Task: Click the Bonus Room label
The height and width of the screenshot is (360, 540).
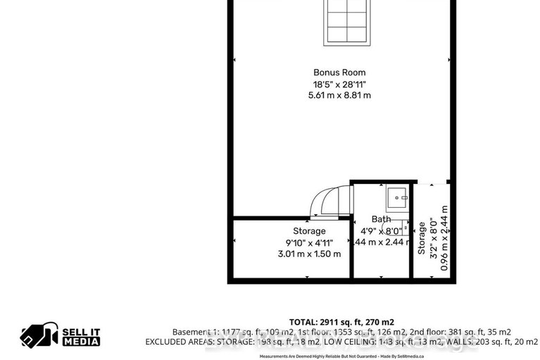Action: point(339,73)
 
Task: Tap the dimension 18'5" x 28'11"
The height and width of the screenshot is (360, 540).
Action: point(339,84)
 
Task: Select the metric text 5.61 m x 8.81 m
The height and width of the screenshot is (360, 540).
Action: point(339,95)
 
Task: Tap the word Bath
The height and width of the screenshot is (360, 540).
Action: point(381,219)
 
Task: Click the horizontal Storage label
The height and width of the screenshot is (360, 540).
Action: point(309,231)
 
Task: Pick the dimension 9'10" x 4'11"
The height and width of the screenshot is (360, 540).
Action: point(309,242)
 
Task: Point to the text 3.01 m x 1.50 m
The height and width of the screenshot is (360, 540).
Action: point(309,254)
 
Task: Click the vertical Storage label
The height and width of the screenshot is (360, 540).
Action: point(422,238)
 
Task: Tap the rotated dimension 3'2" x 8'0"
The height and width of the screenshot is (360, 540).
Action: point(433,238)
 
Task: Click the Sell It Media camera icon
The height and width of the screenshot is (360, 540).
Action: point(38,335)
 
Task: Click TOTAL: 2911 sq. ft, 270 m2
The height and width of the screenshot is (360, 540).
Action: point(341,321)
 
